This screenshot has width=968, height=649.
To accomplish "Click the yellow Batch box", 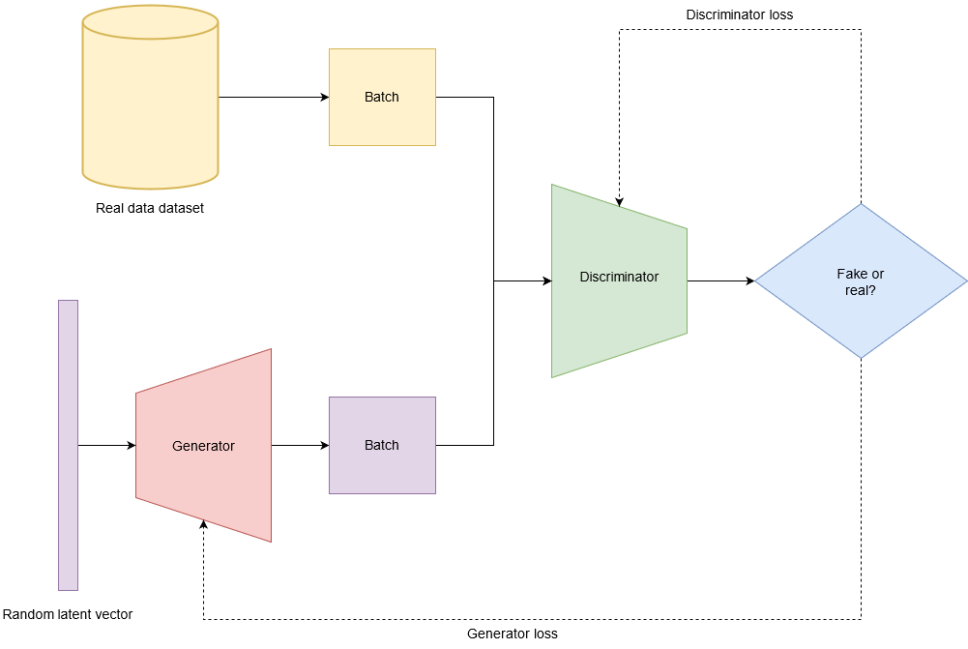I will click(382, 97).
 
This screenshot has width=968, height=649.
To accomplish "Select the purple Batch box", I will click(382, 445).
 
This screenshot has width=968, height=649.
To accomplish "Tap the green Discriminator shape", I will click(619, 310).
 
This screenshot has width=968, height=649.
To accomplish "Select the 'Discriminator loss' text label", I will click(740, 15).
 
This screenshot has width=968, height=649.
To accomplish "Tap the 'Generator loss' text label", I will click(513, 634).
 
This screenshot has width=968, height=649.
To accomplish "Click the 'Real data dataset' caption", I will click(150, 208).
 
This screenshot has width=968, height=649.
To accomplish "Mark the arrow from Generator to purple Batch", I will click(300, 445).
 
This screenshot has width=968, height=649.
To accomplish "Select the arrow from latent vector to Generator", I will click(106, 445).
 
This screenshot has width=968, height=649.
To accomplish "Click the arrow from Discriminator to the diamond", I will click(720, 280).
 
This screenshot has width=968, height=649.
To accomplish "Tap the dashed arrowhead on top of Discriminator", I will click(619, 201).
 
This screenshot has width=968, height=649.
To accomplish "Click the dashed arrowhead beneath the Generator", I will click(203, 525).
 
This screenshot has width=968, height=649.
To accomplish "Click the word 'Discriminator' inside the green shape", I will click(619, 277).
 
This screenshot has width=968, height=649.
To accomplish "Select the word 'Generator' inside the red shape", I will click(203, 446).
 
